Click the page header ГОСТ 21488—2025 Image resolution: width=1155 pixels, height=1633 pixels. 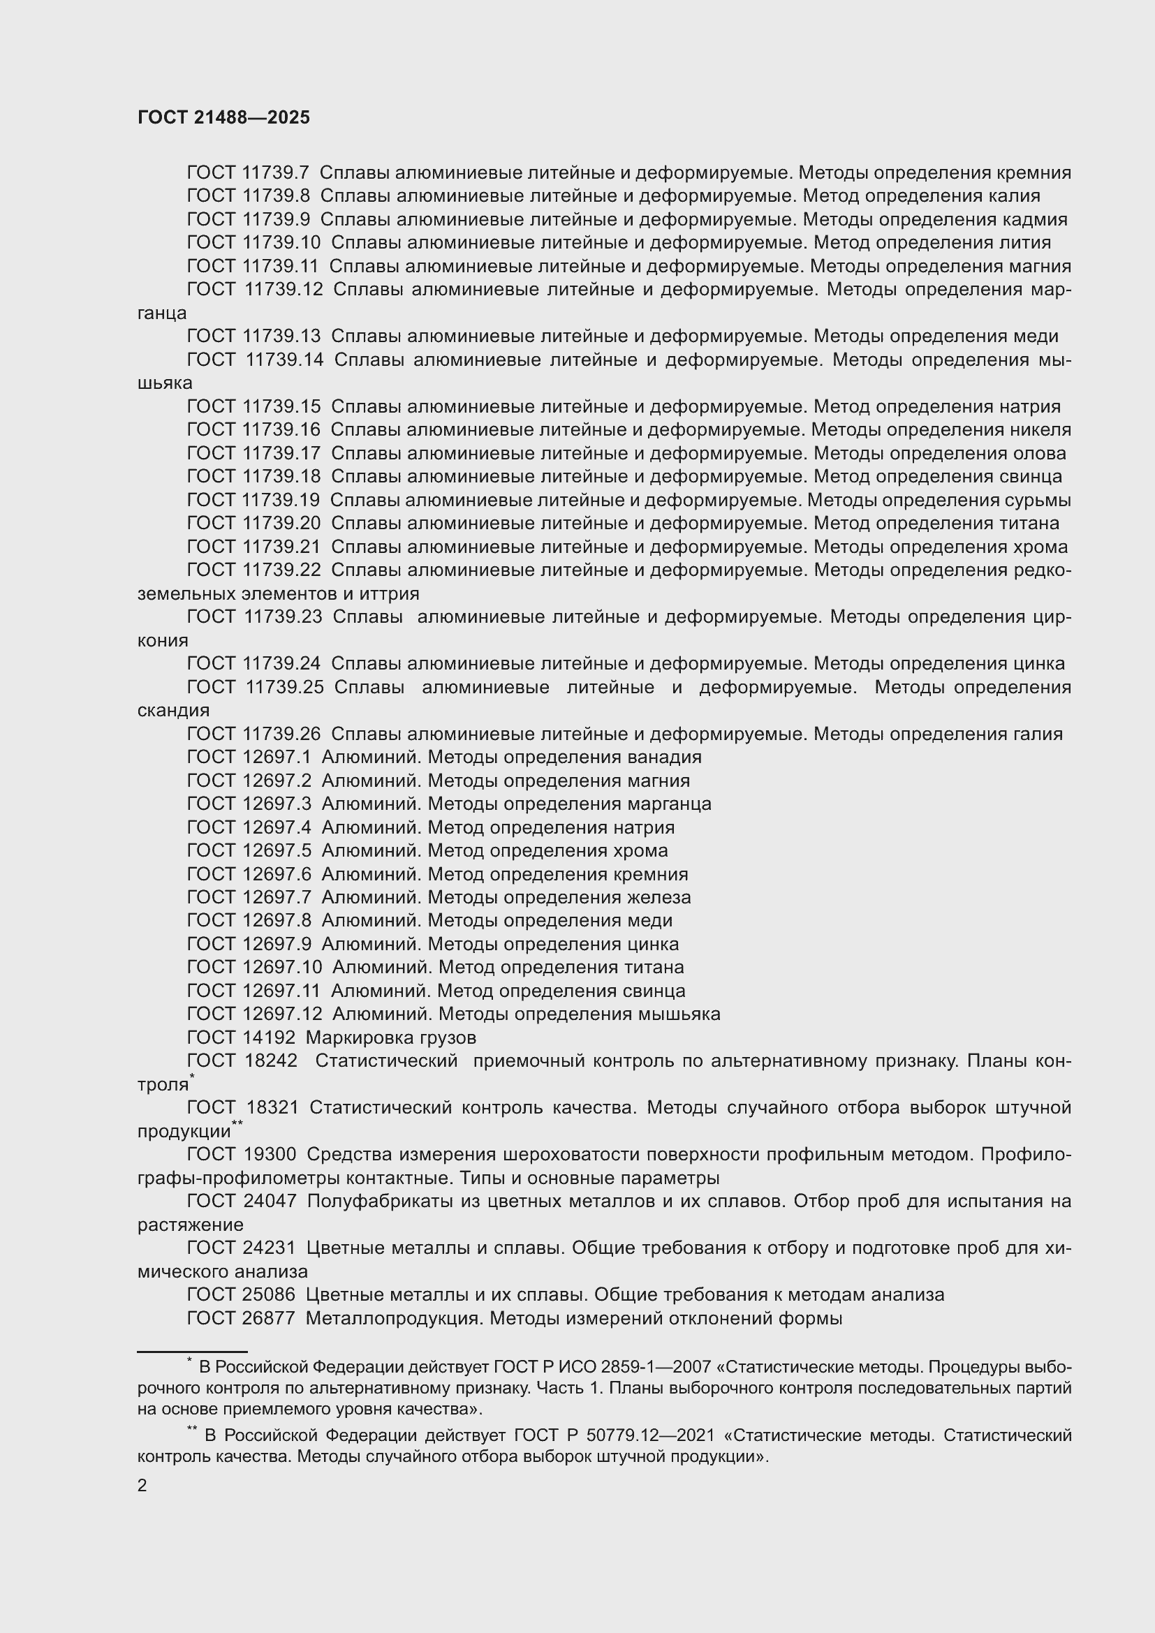pyautogui.click(x=224, y=118)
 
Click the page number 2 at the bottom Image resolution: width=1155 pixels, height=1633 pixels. pyautogui.click(x=142, y=1485)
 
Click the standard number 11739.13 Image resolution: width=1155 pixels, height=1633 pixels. pyautogui.click(x=281, y=337)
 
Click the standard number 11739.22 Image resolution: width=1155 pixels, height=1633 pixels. pyautogui.click(x=281, y=570)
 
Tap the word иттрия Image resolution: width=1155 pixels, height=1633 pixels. pyautogui.click(x=392, y=594)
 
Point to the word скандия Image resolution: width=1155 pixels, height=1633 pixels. pyautogui.click(x=174, y=711)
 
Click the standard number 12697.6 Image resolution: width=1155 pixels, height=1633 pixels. pyautogui.click(x=277, y=874)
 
